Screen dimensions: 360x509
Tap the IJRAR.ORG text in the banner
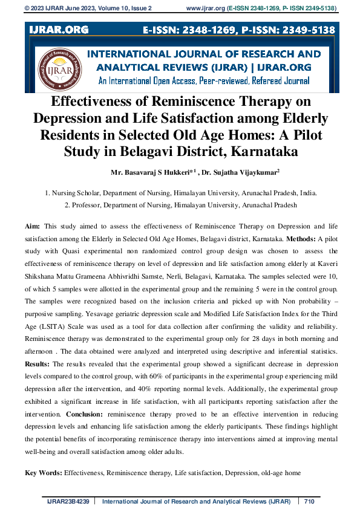pos(59,29)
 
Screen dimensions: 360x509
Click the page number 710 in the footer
pos(310,501)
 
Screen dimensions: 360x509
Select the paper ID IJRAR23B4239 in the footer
pos(68,501)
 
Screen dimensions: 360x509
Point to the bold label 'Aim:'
pos(33,225)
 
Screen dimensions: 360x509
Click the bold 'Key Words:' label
pos(43,472)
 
